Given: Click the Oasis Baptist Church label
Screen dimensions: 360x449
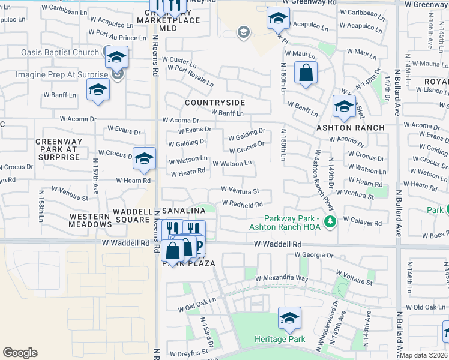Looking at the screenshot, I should coord(60,52).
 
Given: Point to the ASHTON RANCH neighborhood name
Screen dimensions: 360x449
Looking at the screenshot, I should coord(351,128).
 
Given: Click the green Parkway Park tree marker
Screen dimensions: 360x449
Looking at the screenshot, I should coord(329,223).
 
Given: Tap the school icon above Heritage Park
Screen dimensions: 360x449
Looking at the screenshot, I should coord(289,319).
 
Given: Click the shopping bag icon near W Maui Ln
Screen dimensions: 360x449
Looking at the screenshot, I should coord(306,74).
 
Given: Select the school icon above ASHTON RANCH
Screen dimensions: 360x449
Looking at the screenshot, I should coord(344,107).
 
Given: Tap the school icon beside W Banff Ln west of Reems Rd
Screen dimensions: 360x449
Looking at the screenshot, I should coord(98,90).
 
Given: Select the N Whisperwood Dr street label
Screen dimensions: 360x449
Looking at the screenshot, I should coord(330,325).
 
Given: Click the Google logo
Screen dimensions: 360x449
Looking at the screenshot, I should coord(20,353).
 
